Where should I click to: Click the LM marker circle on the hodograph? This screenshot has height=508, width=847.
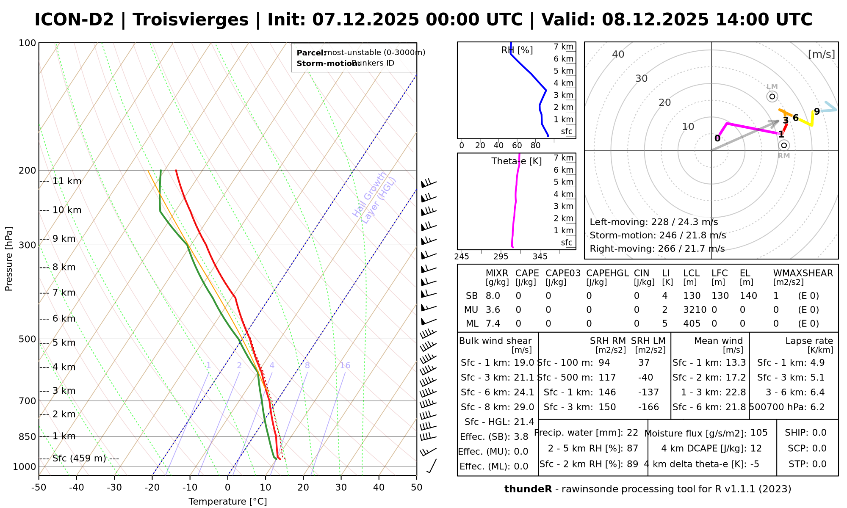tap(772, 97)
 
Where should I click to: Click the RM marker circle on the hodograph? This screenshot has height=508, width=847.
tap(784, 145)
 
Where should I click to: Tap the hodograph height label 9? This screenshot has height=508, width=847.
tap(817, 111)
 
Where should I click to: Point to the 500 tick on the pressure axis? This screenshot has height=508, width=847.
tap(28, 339)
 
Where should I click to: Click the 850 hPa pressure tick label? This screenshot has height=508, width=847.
tap(28, 436)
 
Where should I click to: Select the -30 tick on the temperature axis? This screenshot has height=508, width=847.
tap(114, 488)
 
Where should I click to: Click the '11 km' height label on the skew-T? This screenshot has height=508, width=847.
tap(67, 181)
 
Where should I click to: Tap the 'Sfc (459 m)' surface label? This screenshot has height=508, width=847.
tap(79, 458)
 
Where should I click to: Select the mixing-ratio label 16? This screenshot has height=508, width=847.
tap(345, 365)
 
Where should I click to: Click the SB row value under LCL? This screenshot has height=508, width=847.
tap(692, 296)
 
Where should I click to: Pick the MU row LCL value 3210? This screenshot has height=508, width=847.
tap(695, 310)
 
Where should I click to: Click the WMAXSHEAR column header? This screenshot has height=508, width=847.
tap(803, 273)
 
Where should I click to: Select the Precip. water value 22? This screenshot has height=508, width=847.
tap(632, 433)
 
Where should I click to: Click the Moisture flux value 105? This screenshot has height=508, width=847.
tap(759, 433)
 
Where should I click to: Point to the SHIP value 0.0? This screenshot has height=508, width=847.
tap(819, 433)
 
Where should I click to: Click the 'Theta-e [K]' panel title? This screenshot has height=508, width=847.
tap(517, 161)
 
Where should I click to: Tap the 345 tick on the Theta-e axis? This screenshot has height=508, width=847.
tap(540, 257)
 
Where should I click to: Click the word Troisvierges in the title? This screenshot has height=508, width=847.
tap(191, 20)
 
